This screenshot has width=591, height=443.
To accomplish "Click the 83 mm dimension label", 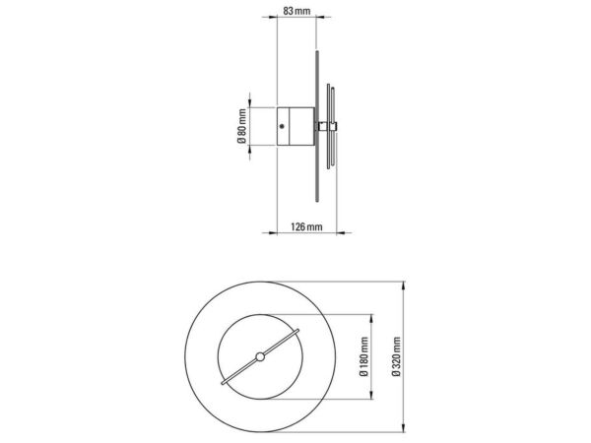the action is [x=296, y=11].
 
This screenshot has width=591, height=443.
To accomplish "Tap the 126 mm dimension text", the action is [x=306, y=227].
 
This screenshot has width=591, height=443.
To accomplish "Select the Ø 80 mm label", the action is [x=241, y=126].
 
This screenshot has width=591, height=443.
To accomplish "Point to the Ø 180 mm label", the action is [x=363, y=356].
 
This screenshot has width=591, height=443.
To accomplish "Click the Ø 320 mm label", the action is [x=396, y=356].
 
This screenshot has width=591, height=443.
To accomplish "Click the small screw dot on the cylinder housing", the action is [x=282, y=127].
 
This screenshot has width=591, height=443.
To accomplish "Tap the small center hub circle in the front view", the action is [x=260, y=356].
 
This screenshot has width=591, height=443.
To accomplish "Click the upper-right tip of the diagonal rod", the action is [x=297, y=331].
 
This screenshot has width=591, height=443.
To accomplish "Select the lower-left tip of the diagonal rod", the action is [x=223, y=383].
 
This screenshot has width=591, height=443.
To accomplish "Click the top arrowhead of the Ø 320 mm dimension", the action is [x=404, y=285].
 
